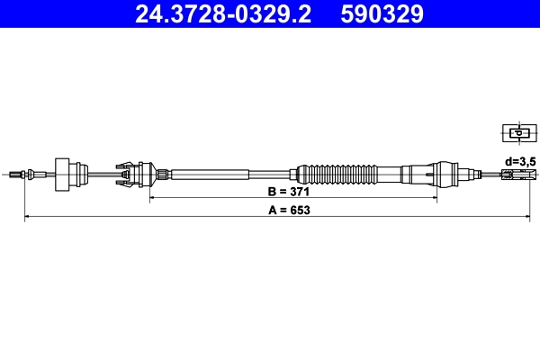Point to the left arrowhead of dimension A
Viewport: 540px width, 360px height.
(x=26, y=217)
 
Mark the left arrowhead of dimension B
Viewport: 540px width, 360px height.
(x=151, y=195)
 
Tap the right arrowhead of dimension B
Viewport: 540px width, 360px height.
(x=436, y=195)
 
